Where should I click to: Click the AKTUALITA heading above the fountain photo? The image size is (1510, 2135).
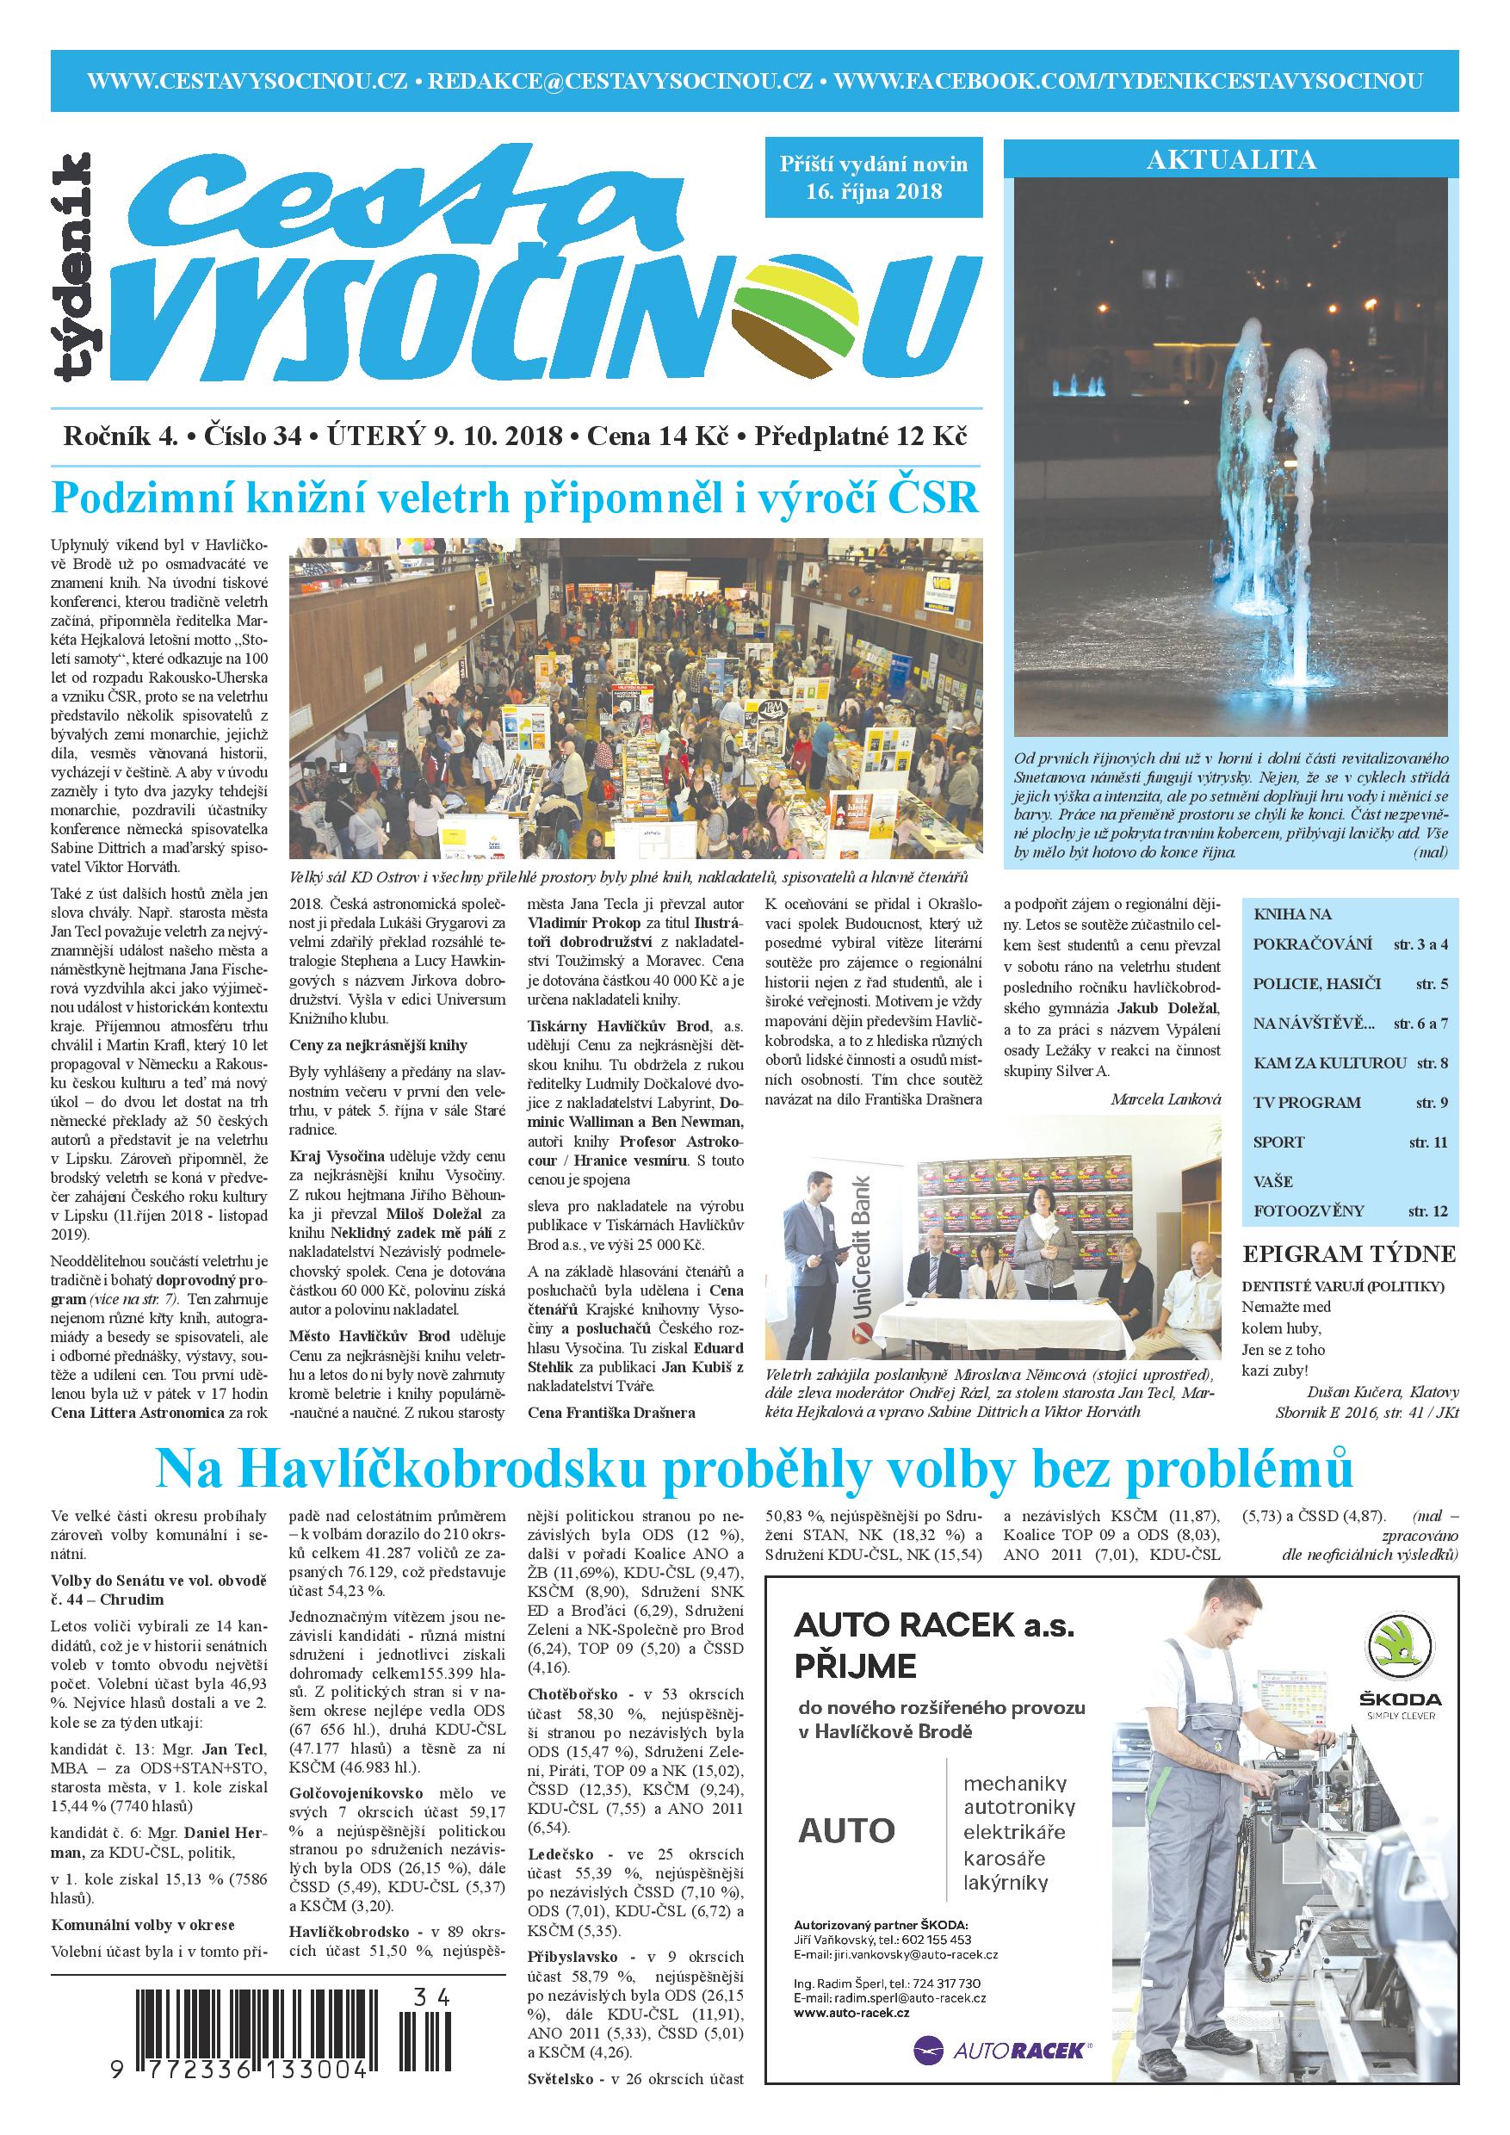pos(1230,160)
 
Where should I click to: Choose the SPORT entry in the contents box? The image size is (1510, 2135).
pos(1278,1142)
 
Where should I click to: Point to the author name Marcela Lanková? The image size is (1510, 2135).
pos(1165,1099)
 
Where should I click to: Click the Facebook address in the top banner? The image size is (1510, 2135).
pos(1135,80)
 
